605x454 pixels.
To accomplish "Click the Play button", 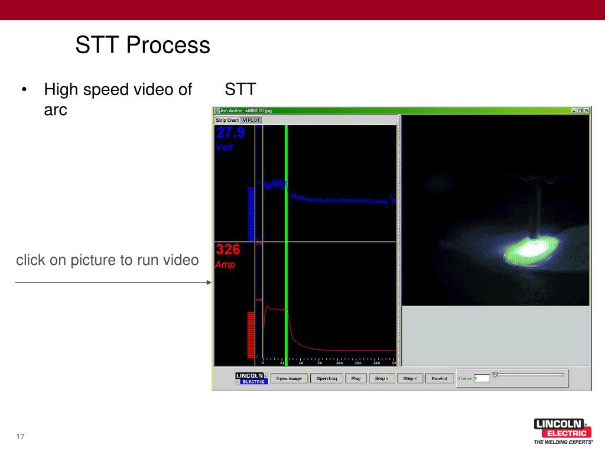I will tap(356, 378).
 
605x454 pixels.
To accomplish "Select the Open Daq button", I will tap(326, 378).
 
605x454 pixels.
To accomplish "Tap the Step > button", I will tap(382, 378).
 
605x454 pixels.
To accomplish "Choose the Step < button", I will tap(410, 378).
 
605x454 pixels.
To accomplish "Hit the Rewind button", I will tap(439, 378).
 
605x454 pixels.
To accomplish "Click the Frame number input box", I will tap(482, 378).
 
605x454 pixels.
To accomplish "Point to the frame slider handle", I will tap(495, 374).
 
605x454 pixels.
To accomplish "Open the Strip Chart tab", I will tap(227, 120).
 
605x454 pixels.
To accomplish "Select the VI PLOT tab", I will tap(251, 120).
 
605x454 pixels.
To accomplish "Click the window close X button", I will tap(586, 111).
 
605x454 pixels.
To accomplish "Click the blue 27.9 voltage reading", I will tap(230, 133).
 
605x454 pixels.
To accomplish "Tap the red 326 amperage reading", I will tap(227, 249).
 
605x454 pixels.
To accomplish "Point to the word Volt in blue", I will tap(225, 147).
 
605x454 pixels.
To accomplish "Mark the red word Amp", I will tap(225, 264).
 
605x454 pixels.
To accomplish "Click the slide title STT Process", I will tap(142, 46).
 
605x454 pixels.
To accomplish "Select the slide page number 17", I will tap(20, 437).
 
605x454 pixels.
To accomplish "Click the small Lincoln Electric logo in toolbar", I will tap(252, 378).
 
